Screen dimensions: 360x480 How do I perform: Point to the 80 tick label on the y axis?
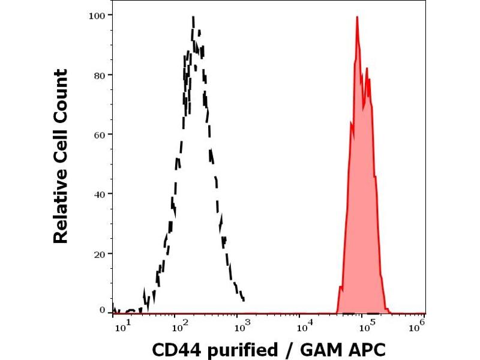coord(100,75)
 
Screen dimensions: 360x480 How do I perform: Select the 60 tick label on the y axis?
coord(100,134)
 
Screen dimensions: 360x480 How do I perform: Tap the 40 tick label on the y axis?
coord(100,194)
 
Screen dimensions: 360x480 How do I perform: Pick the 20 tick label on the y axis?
coord(100,253)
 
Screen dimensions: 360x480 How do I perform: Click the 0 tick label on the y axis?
coord(102,310)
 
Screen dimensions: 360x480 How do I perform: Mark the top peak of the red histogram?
coord(357,17)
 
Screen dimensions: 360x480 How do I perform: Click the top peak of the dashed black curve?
coord(193,17)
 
